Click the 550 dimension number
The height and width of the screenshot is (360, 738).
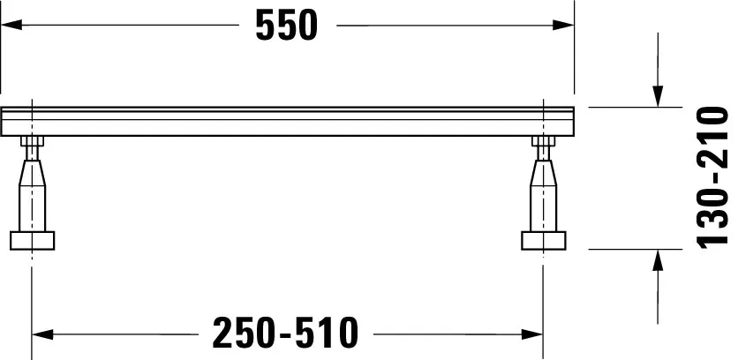tap(286, 26)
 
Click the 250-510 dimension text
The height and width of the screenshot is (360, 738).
tap(287, 334)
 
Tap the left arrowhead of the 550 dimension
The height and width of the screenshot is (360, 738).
tap(11, 26)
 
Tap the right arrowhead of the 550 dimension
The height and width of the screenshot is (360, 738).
tap(565, 26)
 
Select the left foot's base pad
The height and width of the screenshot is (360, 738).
tap(33, 240)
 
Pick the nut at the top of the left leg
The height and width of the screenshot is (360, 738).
tap(33, 144)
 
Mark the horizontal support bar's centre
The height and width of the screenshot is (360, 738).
tap(288, 121)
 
